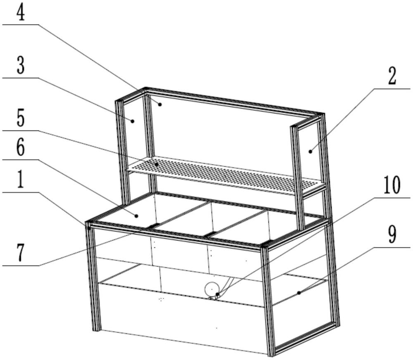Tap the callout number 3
coord(21,65)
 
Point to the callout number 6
coord(21,148)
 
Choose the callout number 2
coord(392,76)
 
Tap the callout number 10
coord(392,185)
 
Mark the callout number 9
coord(392,234)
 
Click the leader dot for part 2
coord(311,152)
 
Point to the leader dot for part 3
coord(133,121)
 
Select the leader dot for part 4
coord(159,104)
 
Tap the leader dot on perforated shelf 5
coord(157,164)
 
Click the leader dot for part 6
coord(136,216)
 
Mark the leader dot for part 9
coord(299,293)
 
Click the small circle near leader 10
coord(212,289)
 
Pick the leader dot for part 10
coord(217,294)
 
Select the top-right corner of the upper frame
coord(323,114)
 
